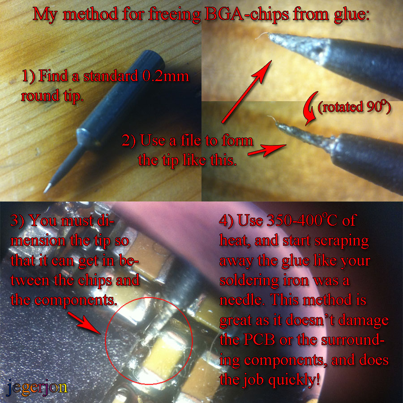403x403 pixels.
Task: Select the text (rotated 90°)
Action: tap(354, 107)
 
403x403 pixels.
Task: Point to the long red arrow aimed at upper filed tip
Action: tap(246, 91)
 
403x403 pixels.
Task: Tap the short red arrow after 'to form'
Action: tap(267, 150)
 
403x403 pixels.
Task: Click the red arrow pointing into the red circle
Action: tap(84, 323)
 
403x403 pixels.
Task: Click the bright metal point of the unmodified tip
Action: tap(47, 189)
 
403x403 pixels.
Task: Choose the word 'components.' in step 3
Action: tap(76, 300)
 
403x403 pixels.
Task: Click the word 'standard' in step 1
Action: tap(111, 76)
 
